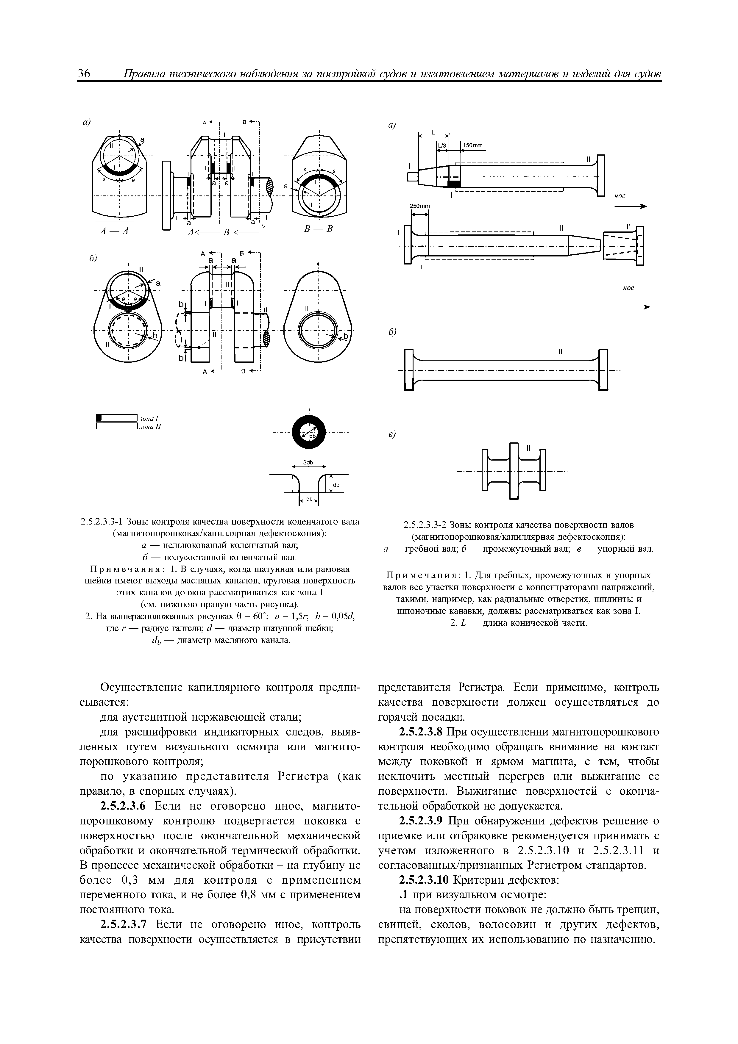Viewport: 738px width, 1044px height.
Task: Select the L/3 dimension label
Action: point(442,145)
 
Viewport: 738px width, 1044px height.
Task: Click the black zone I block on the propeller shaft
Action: point(454,184)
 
